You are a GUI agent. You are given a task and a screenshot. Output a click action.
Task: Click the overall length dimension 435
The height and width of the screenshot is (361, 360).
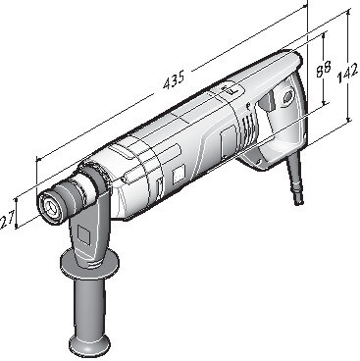coord(174,79)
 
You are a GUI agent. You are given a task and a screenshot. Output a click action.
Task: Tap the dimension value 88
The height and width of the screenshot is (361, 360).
coord(323,70)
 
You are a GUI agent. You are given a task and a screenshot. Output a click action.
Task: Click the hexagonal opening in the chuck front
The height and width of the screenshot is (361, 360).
coord(50,206)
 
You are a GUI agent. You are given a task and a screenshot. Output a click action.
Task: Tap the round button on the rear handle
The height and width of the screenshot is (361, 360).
coord(287,97)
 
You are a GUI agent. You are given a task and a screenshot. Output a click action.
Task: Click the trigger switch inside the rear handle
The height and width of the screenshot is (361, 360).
coord(267,101)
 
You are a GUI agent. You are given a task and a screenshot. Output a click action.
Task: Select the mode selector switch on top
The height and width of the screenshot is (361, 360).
coord(231,90)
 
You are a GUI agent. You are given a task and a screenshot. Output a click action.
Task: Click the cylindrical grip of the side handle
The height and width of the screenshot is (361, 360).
coord(89,302)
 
